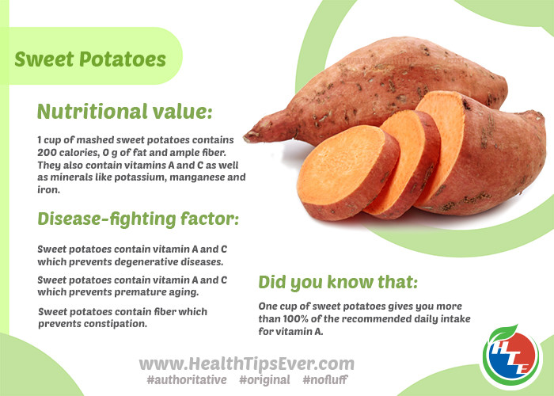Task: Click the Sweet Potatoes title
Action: (90, 59)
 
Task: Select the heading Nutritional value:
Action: (125, 112)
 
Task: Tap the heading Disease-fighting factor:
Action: (138, 219)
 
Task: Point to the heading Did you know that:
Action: (338, 282)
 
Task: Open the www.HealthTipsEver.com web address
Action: (247, 364)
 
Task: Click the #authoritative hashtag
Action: (187, 380)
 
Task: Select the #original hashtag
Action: (264, 380)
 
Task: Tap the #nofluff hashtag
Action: (325, 379)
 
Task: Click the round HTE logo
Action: (511, 357)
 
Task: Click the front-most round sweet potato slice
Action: (348, 173)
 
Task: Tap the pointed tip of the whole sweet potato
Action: (245, 137)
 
